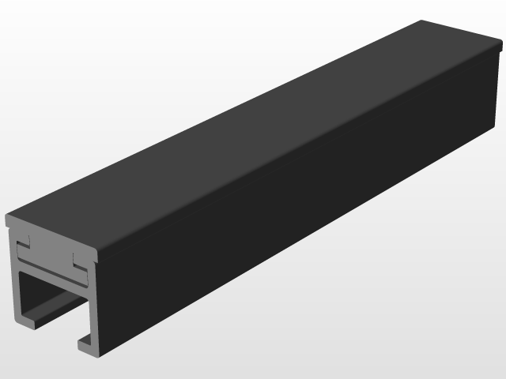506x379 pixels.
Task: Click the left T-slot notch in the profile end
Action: click(25, 238)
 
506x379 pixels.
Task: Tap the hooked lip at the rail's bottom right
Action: click(85, 341)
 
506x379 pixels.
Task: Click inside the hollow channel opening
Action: click(51, 300)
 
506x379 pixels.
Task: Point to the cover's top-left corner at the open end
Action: click(6, 216)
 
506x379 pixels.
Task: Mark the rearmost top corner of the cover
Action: click(421, 21)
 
